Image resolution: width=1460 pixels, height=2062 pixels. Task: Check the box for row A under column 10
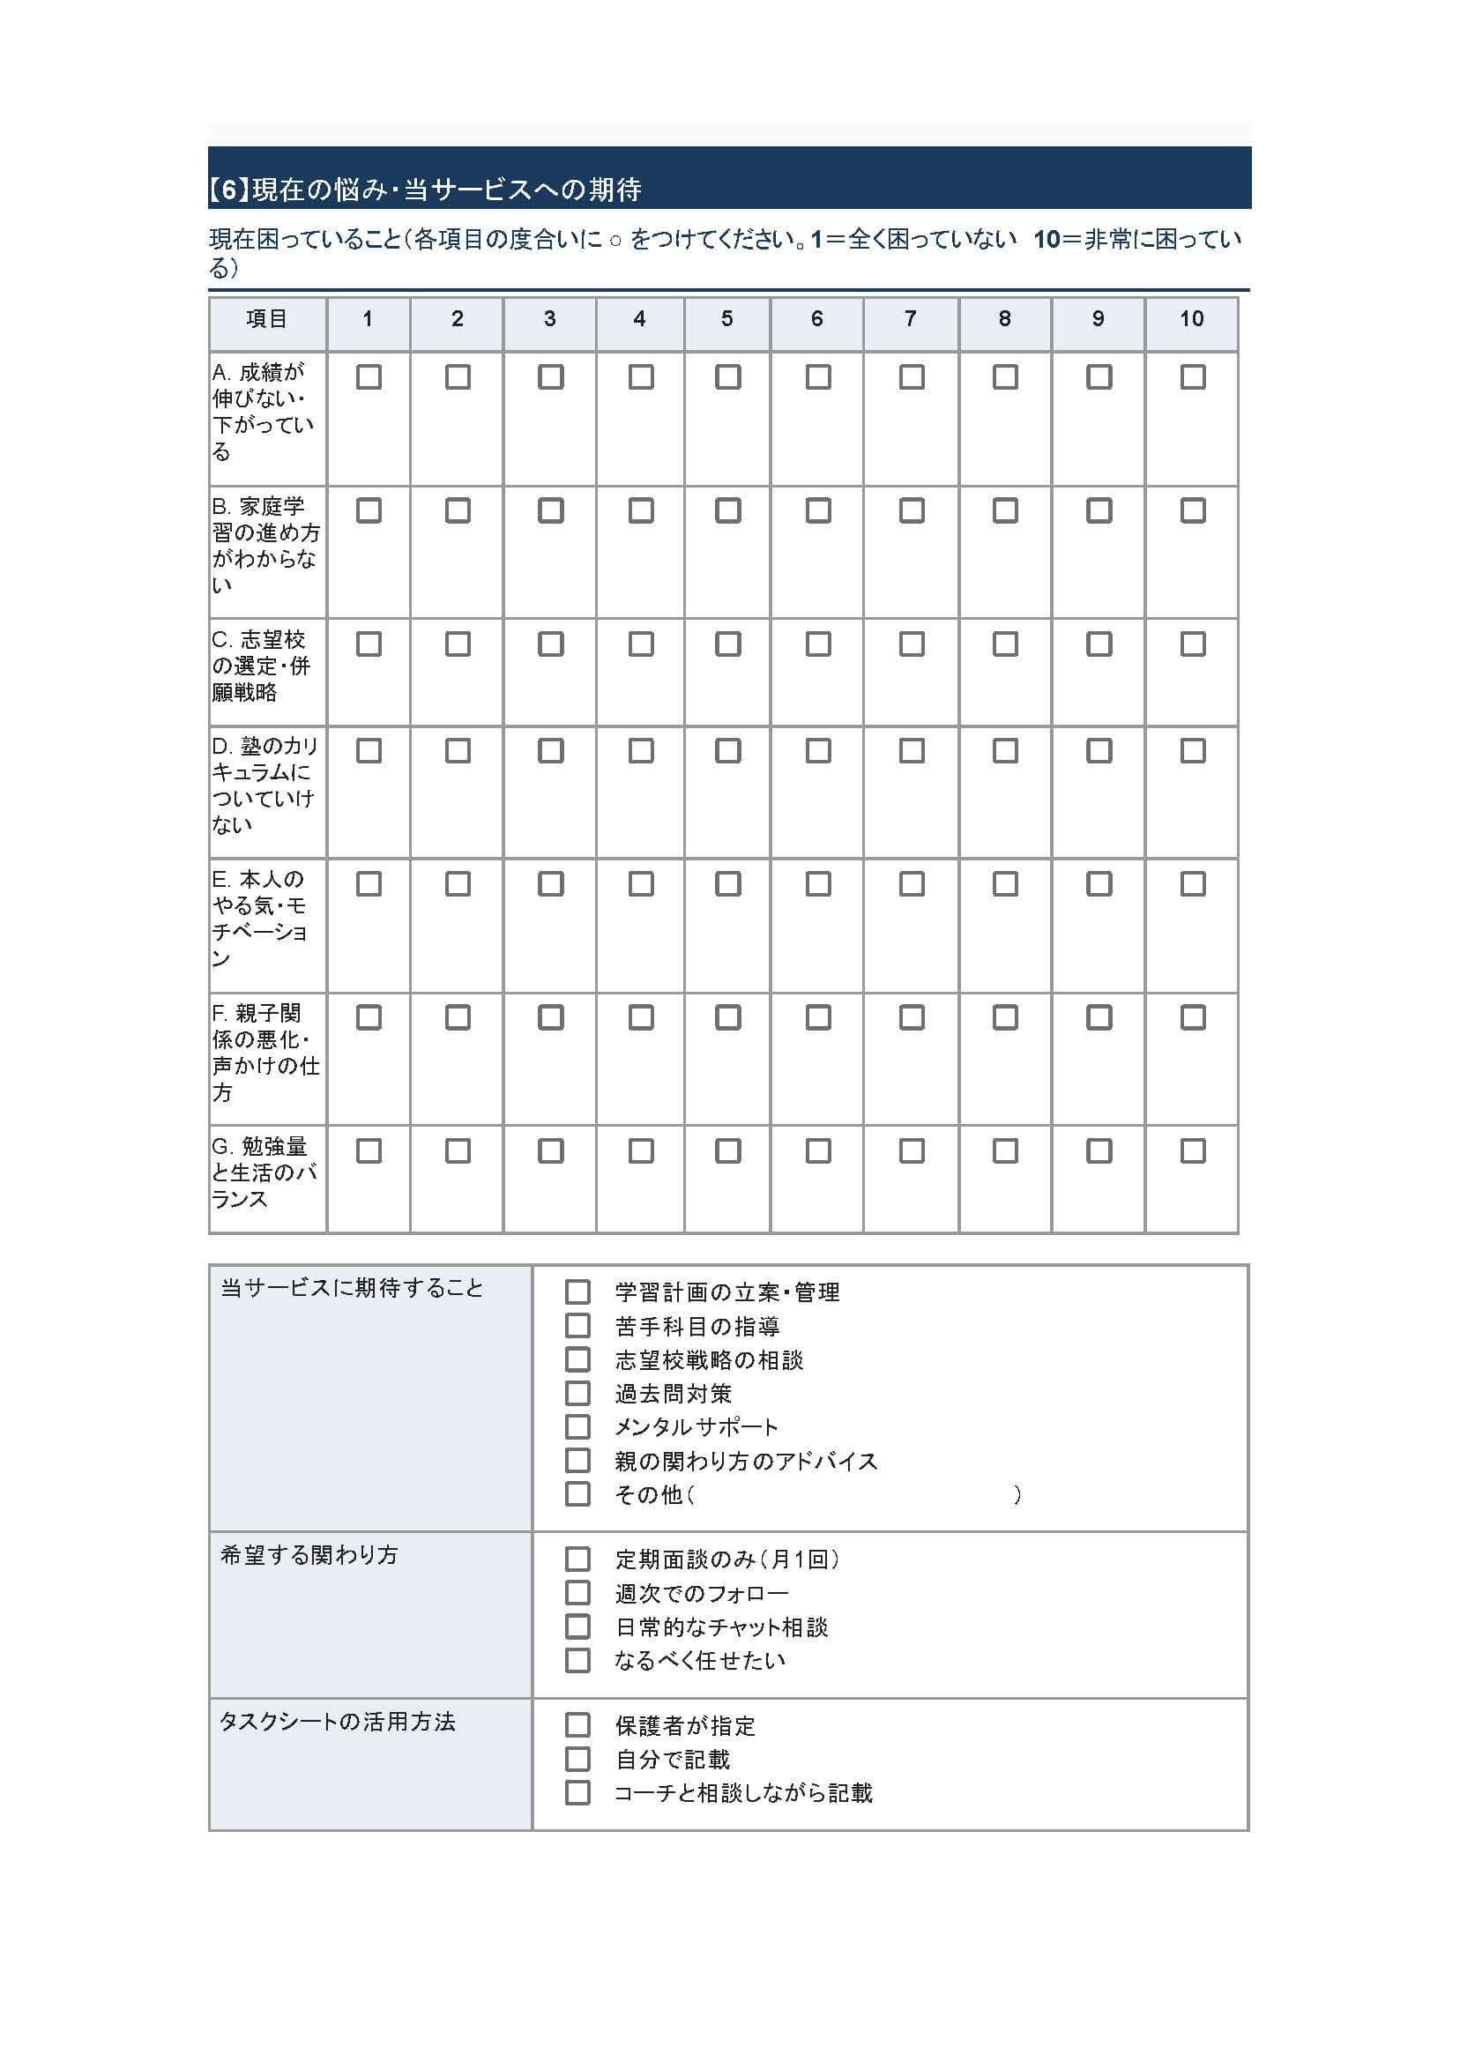point(1192,376)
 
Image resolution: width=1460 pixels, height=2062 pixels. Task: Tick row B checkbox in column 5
point(727,510)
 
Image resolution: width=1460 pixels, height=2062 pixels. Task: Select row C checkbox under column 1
point(369,644)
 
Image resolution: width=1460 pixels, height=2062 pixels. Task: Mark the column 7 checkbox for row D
point(912,750)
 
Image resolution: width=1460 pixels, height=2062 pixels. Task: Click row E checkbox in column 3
point(550,883)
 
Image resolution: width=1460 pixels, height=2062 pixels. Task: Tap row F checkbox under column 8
point(1005,1017)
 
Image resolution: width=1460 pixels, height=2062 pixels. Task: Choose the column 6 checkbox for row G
point(818,1150)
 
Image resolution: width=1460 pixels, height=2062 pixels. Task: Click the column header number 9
point(1098,319)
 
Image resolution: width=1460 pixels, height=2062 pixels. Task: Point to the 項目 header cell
point(267,319)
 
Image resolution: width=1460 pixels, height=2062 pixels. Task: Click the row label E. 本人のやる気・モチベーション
point(260,918)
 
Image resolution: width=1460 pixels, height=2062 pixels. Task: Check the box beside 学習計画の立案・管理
point(577,1292)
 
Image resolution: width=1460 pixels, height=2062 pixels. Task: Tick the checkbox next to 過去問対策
point(577,1393)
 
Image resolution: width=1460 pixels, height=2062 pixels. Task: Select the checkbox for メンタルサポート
point(577,1426)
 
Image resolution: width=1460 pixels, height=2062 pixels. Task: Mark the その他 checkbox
point(577,1494)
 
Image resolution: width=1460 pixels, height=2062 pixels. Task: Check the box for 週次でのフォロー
point(577,1593)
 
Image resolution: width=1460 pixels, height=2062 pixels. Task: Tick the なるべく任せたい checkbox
point(577,1660)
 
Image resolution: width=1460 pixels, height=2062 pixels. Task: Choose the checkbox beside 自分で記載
point(577,1759)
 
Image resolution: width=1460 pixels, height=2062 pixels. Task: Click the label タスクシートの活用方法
point(338,1722)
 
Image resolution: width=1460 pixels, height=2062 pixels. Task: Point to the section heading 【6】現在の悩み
point(423,190)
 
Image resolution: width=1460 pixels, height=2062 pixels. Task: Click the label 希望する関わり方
point(309,1555)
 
